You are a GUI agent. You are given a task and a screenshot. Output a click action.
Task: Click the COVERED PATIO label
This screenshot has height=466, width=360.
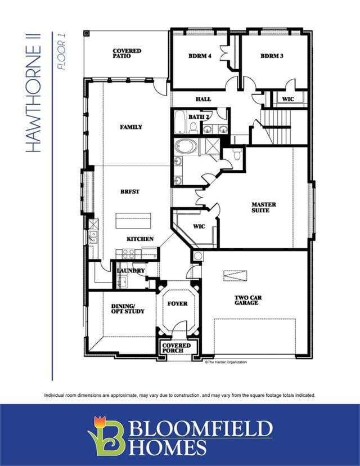(x=127, y=53)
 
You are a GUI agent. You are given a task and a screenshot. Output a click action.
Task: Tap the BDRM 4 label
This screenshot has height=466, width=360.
(x=200, y=56)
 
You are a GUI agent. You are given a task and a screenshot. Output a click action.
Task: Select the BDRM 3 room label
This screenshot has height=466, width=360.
(x=272, y=56)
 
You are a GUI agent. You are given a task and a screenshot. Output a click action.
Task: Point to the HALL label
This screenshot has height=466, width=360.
(x=204, y=99)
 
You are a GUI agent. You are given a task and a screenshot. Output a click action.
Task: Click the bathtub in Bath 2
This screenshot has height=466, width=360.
(x=179, y=122)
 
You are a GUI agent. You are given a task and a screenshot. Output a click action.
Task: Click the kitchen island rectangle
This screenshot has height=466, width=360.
(x=133, y=221)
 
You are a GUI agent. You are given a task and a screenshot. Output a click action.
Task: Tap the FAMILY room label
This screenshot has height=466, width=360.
(x=131, y=127)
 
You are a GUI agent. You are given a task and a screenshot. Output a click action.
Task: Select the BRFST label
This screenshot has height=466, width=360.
(x=130, y=192)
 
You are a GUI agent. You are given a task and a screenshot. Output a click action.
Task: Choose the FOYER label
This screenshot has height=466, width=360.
(x=177, y=304)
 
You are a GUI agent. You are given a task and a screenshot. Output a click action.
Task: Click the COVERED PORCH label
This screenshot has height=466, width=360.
(x=177, y=348)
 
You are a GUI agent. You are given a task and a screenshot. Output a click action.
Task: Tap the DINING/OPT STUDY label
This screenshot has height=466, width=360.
(x=128, y=309)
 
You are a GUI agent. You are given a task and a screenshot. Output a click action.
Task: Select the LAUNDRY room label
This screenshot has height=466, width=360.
(x=130, y=271)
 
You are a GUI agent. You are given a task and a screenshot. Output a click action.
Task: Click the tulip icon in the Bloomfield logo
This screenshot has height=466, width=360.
(x=100, y=422)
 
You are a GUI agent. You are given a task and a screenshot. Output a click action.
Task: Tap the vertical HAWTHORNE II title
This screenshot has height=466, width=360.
(x=33, y=93)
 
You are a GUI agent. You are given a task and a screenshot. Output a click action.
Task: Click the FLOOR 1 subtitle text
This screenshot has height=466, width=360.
(x=61, y=51)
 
